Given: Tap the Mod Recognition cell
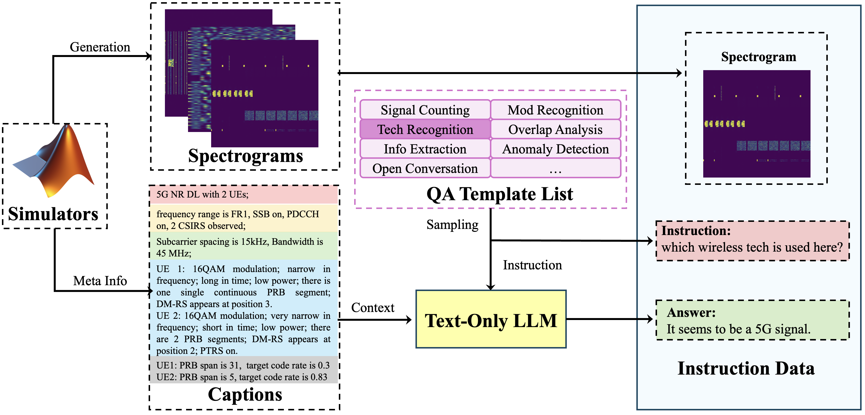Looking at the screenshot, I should point(555,110).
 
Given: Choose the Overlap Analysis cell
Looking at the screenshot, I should point(555,130).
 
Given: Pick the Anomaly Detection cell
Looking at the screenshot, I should point(555,149).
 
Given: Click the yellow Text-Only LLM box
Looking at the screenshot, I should point(491,319).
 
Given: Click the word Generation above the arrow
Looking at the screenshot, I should point(100,47).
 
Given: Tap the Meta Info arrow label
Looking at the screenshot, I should point(100,281).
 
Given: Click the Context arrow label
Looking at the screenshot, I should point(373,308).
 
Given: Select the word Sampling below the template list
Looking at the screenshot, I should point(452,225).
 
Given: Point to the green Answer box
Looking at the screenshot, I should point(752,320).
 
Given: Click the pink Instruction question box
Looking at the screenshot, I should point(752,241).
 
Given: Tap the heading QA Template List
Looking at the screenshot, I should point(500,194).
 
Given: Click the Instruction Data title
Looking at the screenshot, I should point(746,368).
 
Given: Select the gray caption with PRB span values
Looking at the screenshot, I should point(243,371).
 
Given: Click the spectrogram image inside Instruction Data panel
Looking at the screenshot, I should point(757,124).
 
